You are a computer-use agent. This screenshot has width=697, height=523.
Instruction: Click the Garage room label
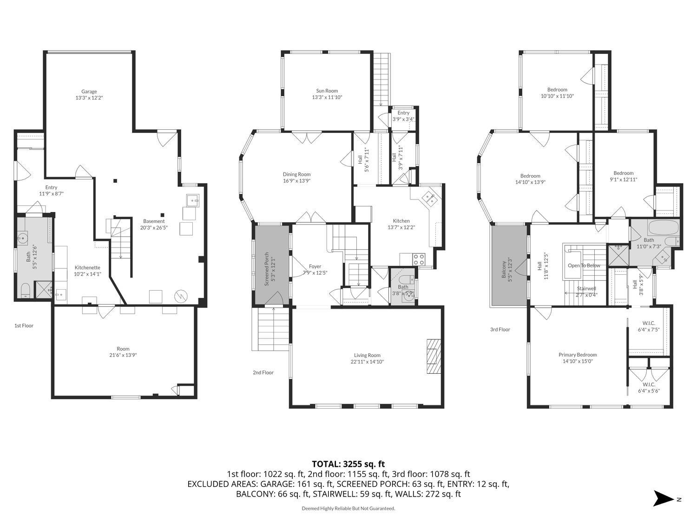click(89, 92)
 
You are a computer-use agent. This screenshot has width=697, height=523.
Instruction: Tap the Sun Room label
click(327, 91)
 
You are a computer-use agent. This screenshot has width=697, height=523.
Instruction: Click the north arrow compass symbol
click(664, 498)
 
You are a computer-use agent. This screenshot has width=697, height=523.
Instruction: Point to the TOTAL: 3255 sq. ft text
click(348, 464)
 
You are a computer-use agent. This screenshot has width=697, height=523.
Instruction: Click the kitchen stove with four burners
click(418, 259)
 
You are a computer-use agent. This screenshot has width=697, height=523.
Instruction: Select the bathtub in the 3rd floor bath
click(663, 228)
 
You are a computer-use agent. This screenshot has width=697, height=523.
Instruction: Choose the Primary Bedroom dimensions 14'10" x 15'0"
click(577, 361)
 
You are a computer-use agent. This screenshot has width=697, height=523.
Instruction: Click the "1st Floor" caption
click(24, 325)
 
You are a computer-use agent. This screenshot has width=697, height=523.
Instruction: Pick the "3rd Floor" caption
click(500, 330)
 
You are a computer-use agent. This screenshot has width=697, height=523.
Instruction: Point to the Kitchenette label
click(87, 268)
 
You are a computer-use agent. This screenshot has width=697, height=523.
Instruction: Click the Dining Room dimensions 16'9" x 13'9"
click(297, 181)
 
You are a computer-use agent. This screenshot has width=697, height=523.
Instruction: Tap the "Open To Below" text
click(584, 265)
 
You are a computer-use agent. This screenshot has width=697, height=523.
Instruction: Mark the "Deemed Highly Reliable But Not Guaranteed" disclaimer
click(348, 509)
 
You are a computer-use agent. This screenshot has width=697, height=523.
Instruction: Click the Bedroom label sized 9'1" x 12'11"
click(623, 173)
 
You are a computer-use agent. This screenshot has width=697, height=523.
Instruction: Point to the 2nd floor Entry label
click(403, 113)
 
